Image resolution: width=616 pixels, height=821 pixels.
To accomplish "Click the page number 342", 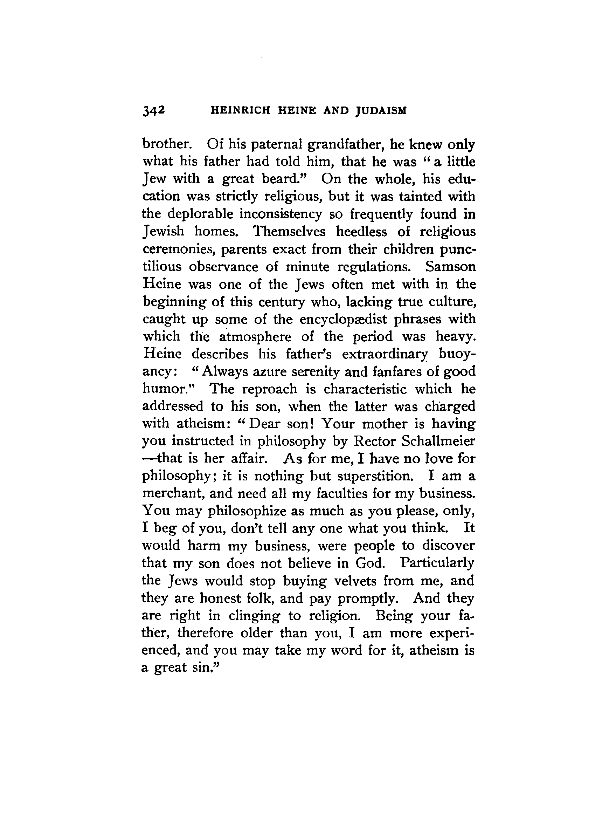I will (153, 111).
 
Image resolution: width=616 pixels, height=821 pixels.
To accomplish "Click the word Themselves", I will (289, 232).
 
